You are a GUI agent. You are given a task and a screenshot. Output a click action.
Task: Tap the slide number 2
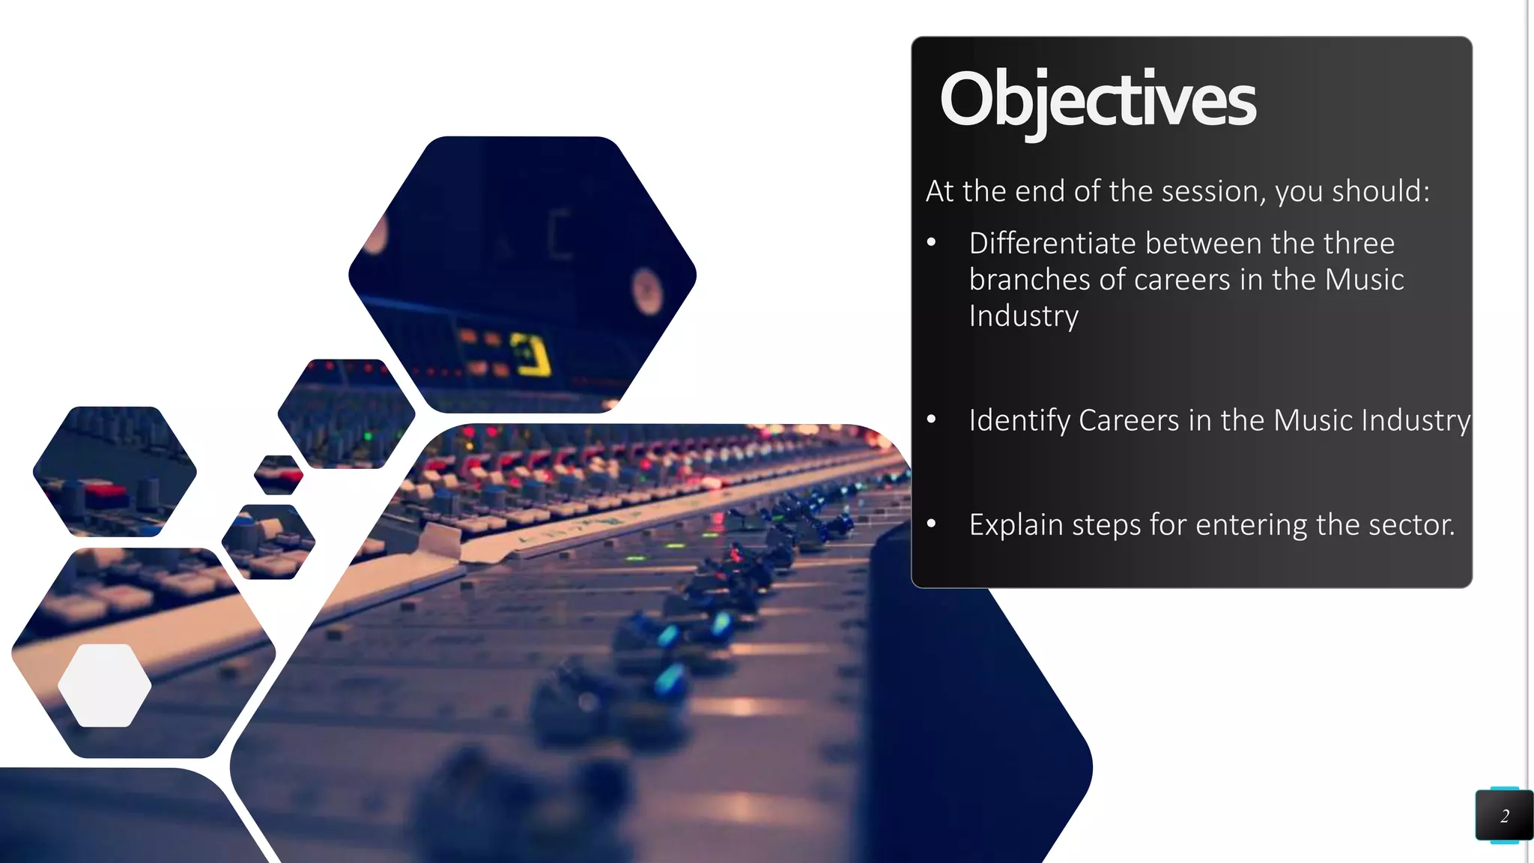point(1504,816)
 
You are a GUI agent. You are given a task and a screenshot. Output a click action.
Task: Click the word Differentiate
point(1052,243)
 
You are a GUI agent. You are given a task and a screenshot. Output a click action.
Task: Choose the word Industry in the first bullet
point(1023,315)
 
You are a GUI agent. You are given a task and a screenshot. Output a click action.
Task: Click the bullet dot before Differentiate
point(931,242)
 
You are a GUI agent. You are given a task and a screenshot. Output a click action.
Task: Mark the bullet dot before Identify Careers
point(931,419)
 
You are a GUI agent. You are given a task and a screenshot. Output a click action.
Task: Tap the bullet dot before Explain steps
point(931,524)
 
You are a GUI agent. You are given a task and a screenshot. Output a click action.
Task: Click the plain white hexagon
point(104,685)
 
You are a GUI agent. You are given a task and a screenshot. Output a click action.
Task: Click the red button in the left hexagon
point(104,492)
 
